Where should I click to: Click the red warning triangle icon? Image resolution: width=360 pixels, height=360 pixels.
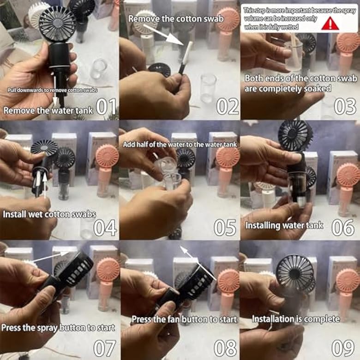pyautogui.click(x=330, y=24)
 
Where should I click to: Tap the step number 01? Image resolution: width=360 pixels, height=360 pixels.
pyautogui.click(x=106, y=107)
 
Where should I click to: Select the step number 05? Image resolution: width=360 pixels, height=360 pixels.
pyautogui.click(x=225, y=228)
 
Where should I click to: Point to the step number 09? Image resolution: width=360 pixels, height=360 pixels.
pyautogui.click(x=343, y=348)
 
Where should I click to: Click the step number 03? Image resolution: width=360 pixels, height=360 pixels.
pyautogui.click(x=345, y=107)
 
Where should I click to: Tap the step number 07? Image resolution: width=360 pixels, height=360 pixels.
pyautogui.click(x=105, y=348)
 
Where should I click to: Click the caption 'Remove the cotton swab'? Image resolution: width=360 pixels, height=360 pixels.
pyautogui.click(x=176, y=19)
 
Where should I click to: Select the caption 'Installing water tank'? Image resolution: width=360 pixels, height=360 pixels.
pyautogui.click(x=284, y=225)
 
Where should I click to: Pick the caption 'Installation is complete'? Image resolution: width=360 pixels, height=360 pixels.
pyautogui.click(x=296, y=319)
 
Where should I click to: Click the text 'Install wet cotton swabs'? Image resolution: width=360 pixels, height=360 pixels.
pyautogui.click(x=49, y=214)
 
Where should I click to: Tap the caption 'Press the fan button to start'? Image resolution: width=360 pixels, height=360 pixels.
pyautogui.click(x=184, y=319)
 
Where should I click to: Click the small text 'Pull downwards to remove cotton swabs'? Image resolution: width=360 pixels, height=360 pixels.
pyautogui.click(x=53, y=90)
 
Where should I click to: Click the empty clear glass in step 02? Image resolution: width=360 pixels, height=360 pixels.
pyautogui.click(x=208, y=89)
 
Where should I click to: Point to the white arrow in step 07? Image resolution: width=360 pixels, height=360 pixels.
pyautogui.click(x=51, y=257)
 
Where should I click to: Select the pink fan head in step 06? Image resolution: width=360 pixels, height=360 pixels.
pyautogui.click(x=348, y=175)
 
